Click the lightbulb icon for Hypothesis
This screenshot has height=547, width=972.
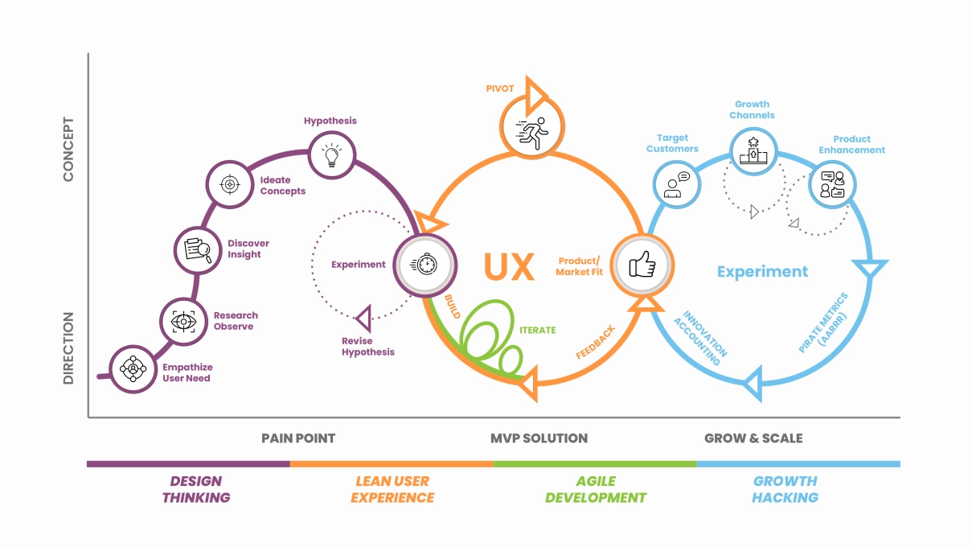(x=331, y=154)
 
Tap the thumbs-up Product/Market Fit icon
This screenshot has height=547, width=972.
(x=642, y=264)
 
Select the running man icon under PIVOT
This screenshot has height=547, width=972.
(x=530, y=128)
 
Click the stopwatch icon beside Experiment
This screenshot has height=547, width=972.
(x=425, y=265)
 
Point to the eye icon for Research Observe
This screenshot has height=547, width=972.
(x=184, y=322)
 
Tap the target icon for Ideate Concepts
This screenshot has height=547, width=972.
(x=230, y=185)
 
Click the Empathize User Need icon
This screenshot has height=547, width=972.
(x=132, y=368)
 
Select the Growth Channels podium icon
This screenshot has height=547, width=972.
(x=754, y=149)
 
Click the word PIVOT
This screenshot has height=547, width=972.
(x=500, y=88)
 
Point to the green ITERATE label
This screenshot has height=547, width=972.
(x=538, y=330)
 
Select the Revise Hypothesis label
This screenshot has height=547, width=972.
(x=368, y=347)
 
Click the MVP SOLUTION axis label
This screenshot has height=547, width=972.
(x=539, y=438)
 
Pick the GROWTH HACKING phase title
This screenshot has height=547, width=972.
(x=785, y=489)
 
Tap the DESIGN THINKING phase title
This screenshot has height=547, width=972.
(x=196, y=489)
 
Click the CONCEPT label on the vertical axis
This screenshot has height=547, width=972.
(x=68, y=149)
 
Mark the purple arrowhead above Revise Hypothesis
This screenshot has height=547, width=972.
(x=364, y=319)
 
